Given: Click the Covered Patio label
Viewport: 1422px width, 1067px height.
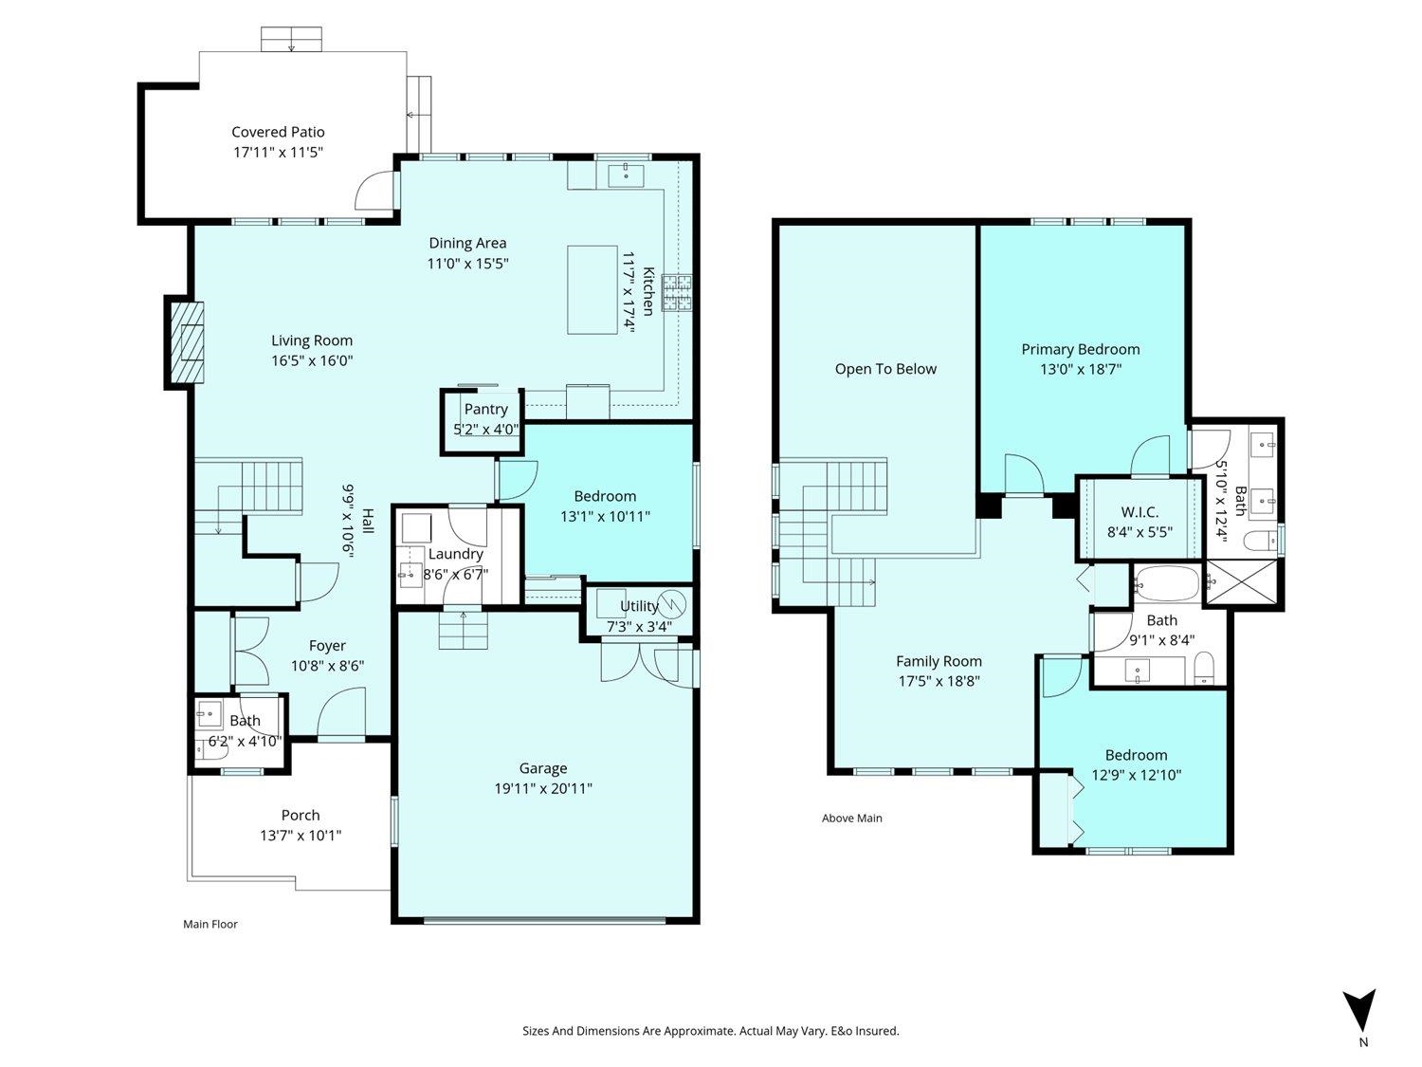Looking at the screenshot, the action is pyautogui.click(x=278, y=132).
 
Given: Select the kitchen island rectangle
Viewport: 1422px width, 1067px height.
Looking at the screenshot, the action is pyautogui.click(x=592, y=289).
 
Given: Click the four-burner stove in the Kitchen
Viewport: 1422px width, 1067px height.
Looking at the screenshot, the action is pyautogui.click(x=676, y=293).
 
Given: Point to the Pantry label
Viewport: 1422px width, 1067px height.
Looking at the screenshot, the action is pyautogui.click(x=486, y=410).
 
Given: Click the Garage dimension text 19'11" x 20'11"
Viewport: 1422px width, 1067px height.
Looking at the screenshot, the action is pyautogui.click(x=543, y=788).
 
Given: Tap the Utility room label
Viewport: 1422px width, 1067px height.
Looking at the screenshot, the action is pyautogui.click(x=639, y=606).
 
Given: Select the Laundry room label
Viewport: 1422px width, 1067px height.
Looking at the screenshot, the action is pyautogui.click(x=455, y=554).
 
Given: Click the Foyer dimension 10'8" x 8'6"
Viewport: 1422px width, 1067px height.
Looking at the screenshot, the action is pyautogui.click(x=327, y=666).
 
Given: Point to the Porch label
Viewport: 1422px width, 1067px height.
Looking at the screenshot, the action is pyautogui.click(x=300, y=815).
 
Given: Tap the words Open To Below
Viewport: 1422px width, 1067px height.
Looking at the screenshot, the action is pyautogui.click(x=885, y=369).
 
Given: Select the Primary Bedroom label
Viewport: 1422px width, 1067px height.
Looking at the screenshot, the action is pyautogui.click(x=1080, y=350).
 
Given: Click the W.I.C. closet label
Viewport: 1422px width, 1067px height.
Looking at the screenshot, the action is pyautogui.click(x=1139, y=512).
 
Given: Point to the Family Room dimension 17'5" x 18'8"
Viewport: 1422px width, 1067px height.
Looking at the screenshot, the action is pyautogui.click(x=939, y=681).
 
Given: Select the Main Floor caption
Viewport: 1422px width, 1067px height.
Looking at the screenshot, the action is pyautogui.click(x=210, y=924).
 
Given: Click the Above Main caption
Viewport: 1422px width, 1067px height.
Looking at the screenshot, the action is pyautogui.click(x=852, y=819).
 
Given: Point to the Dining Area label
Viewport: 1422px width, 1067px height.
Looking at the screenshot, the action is pyautogui.click(x=467, y=243).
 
